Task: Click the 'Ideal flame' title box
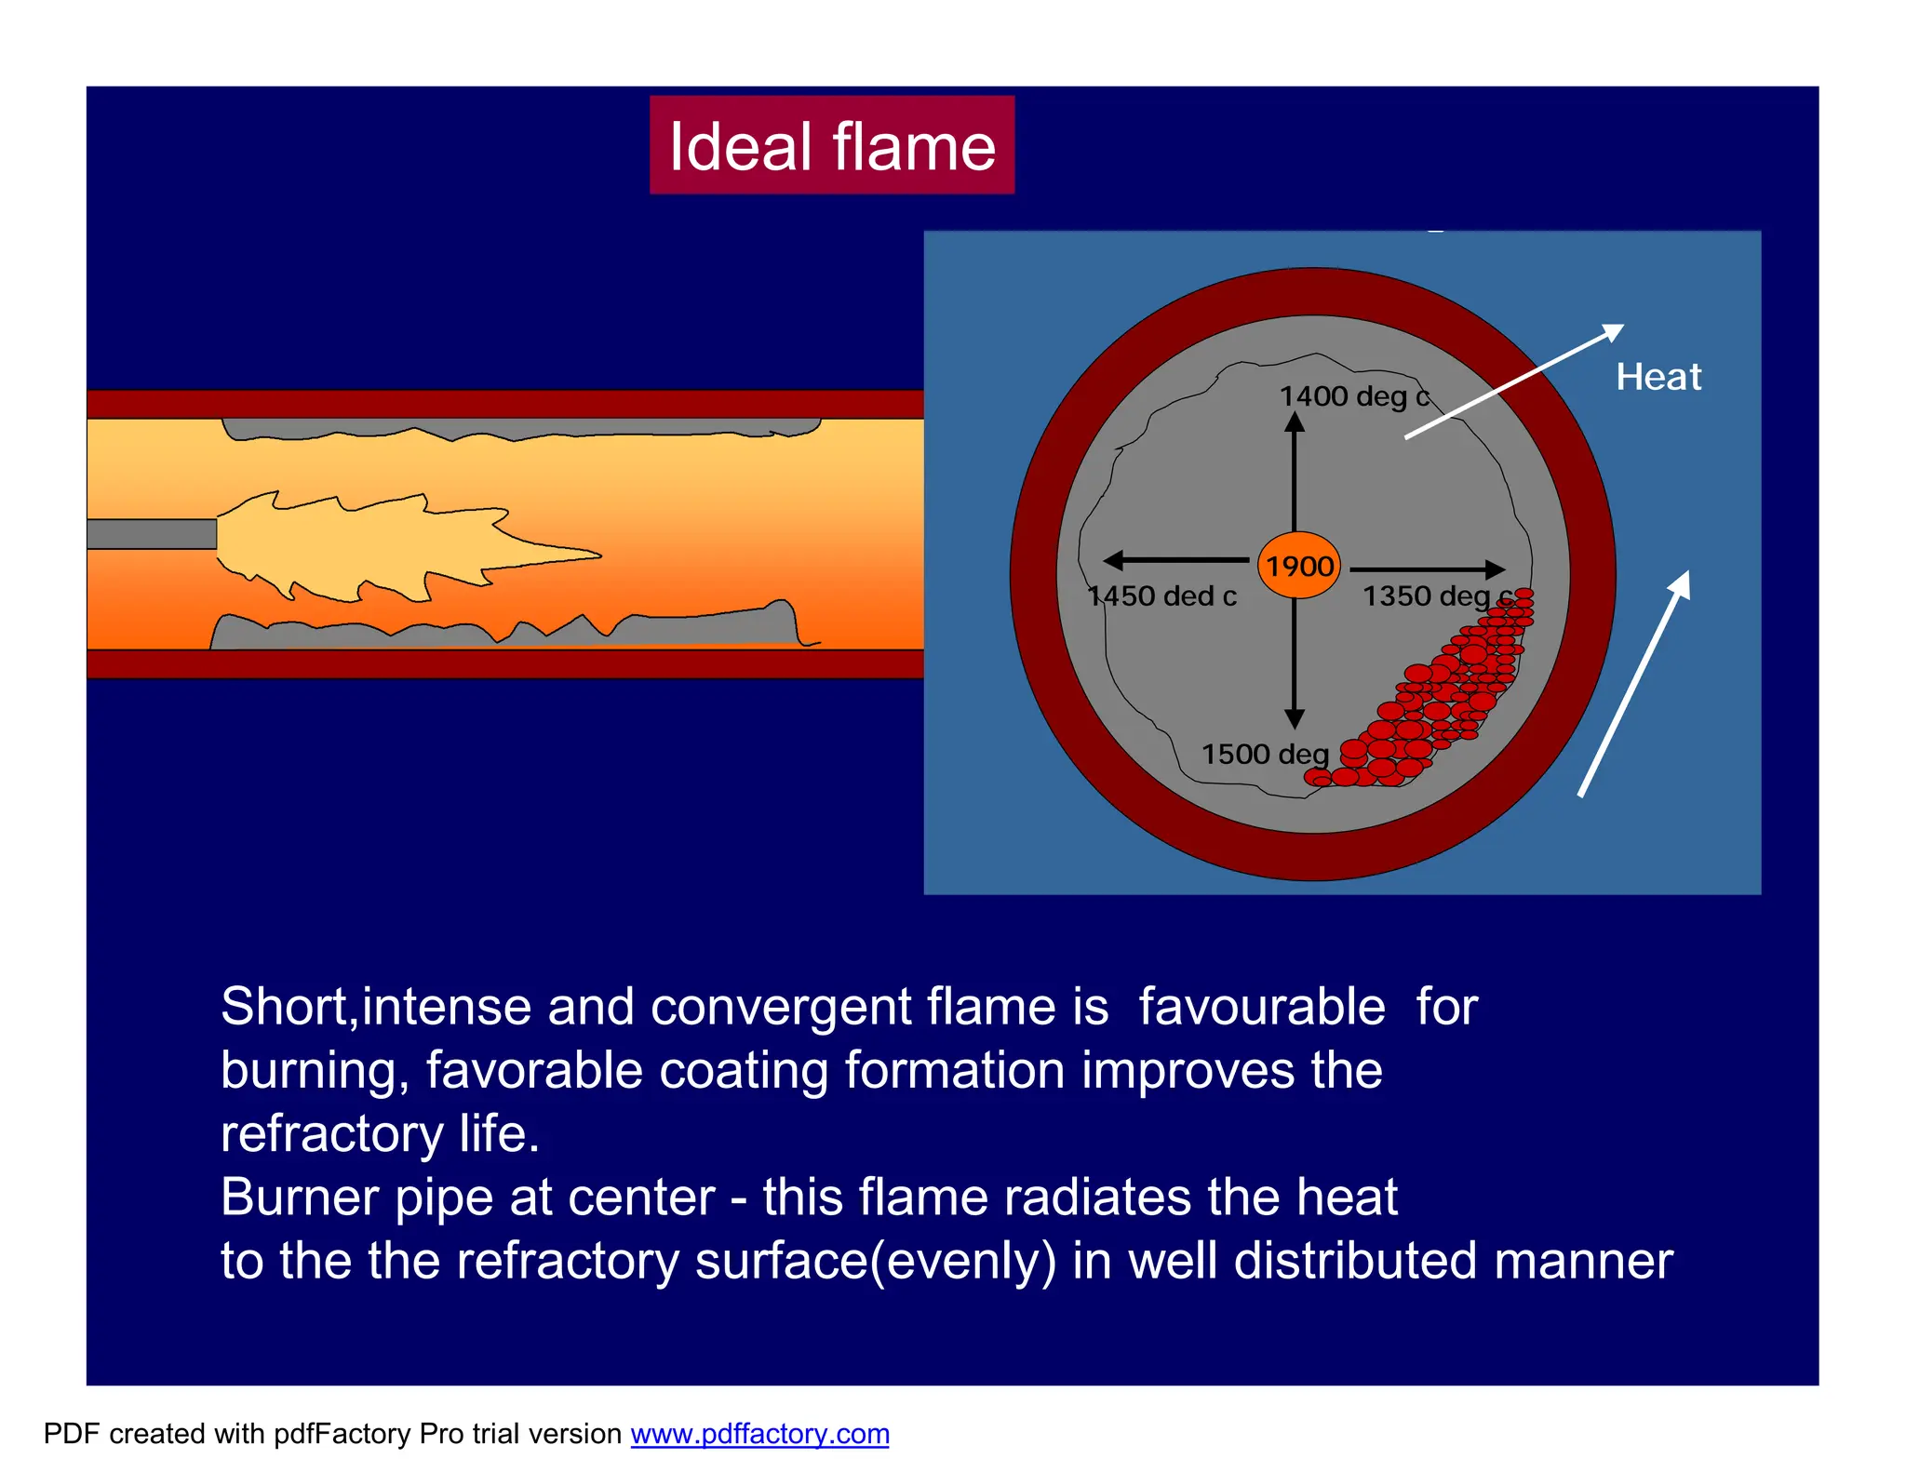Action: (x=831, y=145)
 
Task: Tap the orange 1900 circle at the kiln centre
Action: (x=1298, y=565)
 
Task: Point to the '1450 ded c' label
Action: (x=1162, y=595)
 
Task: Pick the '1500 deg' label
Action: (x=1264, y=754)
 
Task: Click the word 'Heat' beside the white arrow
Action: (x=1658, y=377)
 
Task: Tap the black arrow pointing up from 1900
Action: (x=1294, y=470)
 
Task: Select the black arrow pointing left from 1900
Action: (x=1174, y=560)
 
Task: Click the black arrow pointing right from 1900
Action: (x=1427, y=569)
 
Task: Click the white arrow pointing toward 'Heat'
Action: (x=1514, y=381)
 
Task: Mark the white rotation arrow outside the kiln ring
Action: (x=1634, y=683)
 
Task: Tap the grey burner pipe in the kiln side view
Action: (x=152, y=534)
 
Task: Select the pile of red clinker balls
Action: (x=1433, y=698)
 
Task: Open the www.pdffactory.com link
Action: (x=759, y=1434)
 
